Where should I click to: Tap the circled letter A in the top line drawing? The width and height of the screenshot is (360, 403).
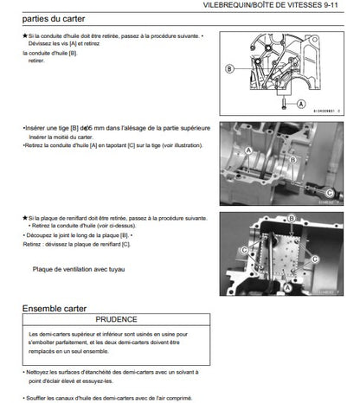[x=301, y=101]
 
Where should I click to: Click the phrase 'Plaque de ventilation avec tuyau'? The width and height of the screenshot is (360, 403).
[x=78, y=270]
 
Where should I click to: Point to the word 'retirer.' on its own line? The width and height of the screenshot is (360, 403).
[x=36, y=61]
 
